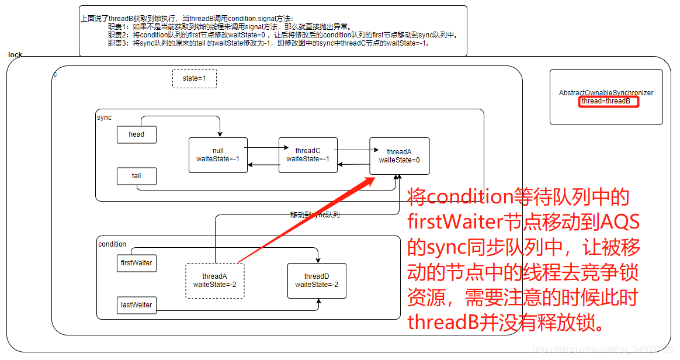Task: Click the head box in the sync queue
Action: coord(136,134)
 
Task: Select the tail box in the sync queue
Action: coord(136,176)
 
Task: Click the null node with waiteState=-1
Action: coord(218,155)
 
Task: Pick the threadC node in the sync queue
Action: coord(308,155)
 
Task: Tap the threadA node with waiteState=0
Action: coord(399,156)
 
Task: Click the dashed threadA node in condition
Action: coord(214,281)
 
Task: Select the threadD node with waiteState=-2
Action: coord(316,281)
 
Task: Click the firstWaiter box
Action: coord(136,263)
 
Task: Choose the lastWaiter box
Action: coord(136,305)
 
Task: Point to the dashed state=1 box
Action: coord(194,78)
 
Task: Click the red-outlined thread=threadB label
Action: coord(609,101)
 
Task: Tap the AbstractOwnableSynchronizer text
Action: coord(606,93)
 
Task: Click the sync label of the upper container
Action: coord(105,117)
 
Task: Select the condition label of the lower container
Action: coord(112,244)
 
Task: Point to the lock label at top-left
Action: coord(15,55)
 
